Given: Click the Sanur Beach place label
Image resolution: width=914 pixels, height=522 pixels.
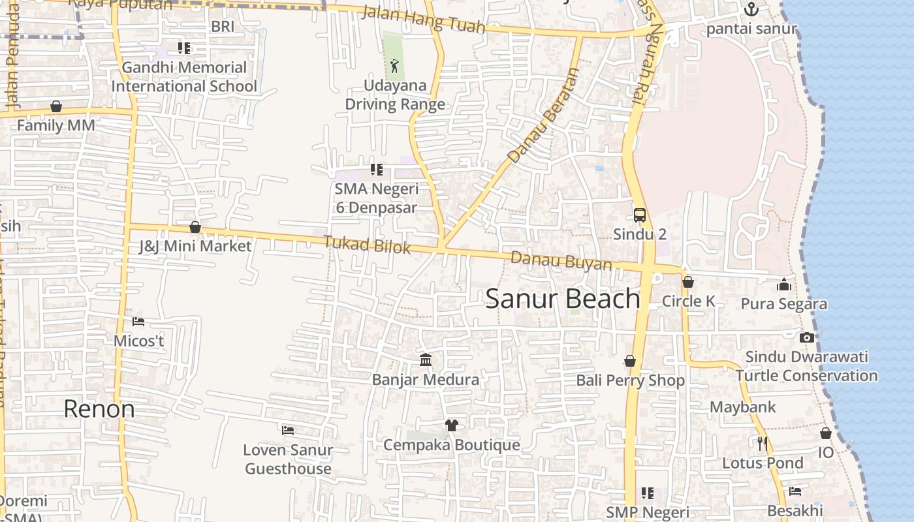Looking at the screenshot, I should [563, 299].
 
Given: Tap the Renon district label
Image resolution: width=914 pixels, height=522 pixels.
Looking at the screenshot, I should [99, 409].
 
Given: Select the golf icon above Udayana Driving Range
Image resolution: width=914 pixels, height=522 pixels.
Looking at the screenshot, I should [394, 65].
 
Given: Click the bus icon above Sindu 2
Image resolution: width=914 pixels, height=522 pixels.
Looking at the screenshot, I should [640, 215].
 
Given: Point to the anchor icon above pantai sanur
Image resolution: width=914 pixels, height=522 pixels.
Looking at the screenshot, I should [751, 9].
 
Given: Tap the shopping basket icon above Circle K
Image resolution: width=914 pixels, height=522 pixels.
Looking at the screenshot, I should [687, 283].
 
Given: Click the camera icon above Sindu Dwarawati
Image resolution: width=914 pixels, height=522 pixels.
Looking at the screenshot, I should [807, 337].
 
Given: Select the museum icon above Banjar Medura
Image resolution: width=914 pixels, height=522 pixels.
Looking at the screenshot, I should [426, 360].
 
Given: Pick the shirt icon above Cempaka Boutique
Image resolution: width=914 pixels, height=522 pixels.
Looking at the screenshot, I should [451, 425].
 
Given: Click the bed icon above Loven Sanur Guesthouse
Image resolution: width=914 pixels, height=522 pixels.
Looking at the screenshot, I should [287, 430].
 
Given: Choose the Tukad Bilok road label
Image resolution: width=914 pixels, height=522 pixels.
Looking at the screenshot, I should [367, 245].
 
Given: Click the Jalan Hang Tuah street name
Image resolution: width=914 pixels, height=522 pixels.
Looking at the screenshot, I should [423, 20].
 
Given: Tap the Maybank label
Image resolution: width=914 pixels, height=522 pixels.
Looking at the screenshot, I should [743, 407].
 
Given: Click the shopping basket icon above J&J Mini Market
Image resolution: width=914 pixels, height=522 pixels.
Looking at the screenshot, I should [195, 227].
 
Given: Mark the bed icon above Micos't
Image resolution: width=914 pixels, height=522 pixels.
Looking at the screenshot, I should [138, 322].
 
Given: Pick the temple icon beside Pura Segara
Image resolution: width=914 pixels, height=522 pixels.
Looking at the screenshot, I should [784, 284].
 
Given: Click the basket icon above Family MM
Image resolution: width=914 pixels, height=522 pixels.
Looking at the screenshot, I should [56, 106].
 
